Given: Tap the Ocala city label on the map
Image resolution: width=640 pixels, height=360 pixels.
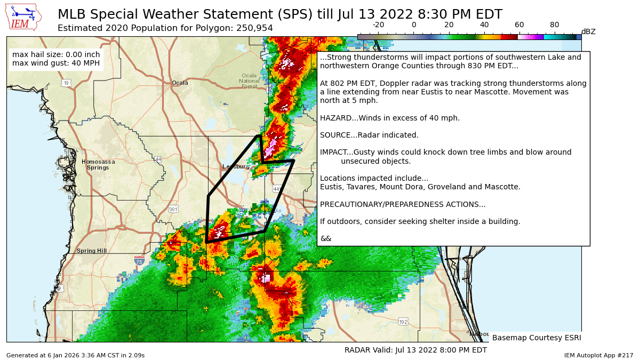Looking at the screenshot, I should pos(180,83).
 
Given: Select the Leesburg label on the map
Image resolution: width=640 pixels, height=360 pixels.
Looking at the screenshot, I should pos(236,167).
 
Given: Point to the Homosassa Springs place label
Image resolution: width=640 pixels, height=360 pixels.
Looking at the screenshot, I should pos(98,164).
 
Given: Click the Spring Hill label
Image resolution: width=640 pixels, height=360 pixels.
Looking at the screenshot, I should pos(92,251).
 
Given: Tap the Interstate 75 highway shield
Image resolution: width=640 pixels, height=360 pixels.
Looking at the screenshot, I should pos(139,261).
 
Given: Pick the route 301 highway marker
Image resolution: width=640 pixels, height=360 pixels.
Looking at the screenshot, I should pos(173,209).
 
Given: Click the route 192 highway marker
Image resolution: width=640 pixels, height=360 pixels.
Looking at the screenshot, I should pos(403,322).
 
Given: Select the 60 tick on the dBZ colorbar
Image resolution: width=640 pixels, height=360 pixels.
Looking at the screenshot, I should pos(519,25).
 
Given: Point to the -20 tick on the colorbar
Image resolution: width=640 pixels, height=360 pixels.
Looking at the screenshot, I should pos(378,25).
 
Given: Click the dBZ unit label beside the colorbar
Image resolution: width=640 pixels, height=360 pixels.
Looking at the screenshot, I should pos(588,32).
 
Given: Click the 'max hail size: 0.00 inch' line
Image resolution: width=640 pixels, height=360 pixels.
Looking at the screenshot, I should pos(55,54).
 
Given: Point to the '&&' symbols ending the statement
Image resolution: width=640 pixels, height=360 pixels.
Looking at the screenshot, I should pos(325,238).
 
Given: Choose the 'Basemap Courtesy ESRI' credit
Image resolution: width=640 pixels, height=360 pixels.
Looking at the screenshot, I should pos(536,338).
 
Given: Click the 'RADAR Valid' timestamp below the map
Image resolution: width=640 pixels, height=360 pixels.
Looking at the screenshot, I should pos(415,350).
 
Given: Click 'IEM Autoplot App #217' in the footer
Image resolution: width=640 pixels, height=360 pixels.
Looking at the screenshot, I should pos(598,355).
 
